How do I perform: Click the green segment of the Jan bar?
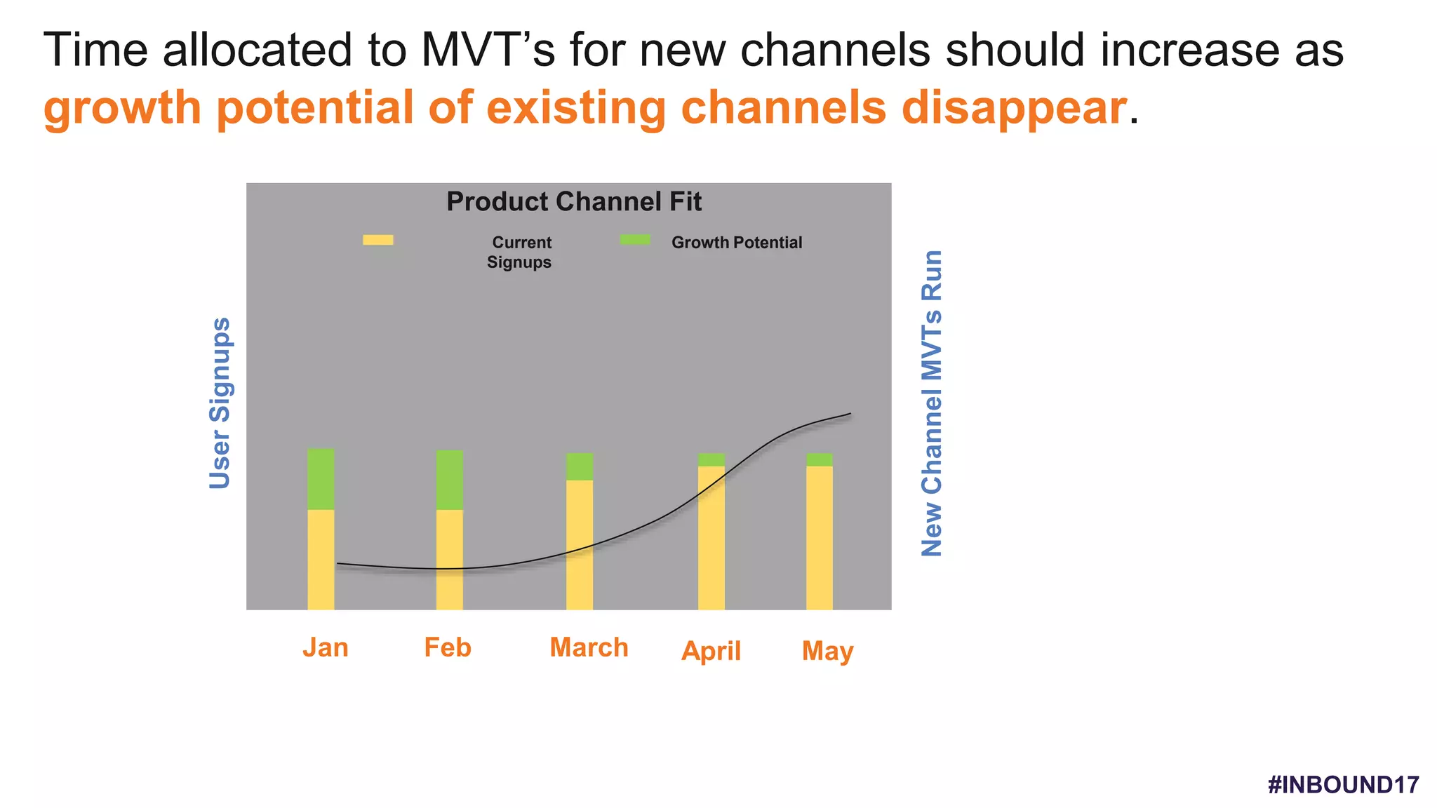(x=321, y=478)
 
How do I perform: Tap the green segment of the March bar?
(x=580, y=466)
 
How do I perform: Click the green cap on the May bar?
(x=819, y=459)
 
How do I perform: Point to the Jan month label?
(x=325, y=647)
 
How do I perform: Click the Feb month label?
(x=447, y=647)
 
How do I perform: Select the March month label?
(x=589, y=647)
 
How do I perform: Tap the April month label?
(x=711, y=651)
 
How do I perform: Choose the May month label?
(x=827, y=651)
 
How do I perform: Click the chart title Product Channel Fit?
(x=574, y=202)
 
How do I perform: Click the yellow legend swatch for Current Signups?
(x=377, y=240)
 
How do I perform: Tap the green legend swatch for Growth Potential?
(x=635, y=240)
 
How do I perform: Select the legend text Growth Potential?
(x=737, y=243)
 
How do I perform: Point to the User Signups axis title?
(x=220, y=403)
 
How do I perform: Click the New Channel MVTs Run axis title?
(x=932, y=403)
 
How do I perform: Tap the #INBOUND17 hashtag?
(x=1343, y=784)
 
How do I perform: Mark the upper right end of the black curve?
(x=850, y=414)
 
